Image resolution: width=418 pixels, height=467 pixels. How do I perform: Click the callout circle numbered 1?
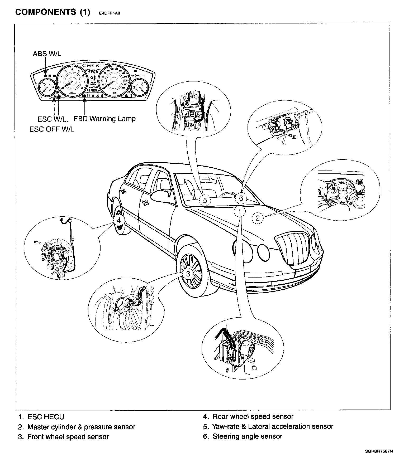click(x=240, y=211)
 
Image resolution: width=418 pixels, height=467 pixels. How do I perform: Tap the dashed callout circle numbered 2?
click(x=258, y=218)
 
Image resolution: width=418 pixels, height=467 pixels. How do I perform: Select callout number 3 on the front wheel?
click(x=188, y=274)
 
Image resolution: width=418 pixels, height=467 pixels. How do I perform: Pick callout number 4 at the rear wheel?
click(x=119, y=220)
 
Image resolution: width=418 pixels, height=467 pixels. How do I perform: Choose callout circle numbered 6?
click(x=241, y=198)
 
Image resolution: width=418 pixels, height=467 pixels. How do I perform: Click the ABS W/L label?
click(x=47, y=54)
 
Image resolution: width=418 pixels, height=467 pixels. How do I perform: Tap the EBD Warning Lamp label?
click(x=104, y=119)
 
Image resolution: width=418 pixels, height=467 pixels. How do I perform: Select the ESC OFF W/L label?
click(x=52, y=129)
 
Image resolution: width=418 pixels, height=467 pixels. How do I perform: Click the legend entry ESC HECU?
click(x=46, y=417)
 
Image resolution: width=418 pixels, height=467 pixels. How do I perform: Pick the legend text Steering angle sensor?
click(x=247, y=436)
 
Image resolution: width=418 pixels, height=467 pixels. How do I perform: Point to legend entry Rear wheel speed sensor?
click(x=253, y=417)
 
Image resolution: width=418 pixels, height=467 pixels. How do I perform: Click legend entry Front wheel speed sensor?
click(x=68, y=437)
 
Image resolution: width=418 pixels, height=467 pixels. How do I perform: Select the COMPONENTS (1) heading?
click(x=53, y=12)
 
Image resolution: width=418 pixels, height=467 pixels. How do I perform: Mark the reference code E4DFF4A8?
click(x=110, y=13)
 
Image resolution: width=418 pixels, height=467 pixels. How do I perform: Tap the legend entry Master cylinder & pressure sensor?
click(x=81, y=427)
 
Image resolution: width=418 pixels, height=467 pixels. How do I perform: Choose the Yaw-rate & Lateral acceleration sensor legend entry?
click(x=273, y=426)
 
